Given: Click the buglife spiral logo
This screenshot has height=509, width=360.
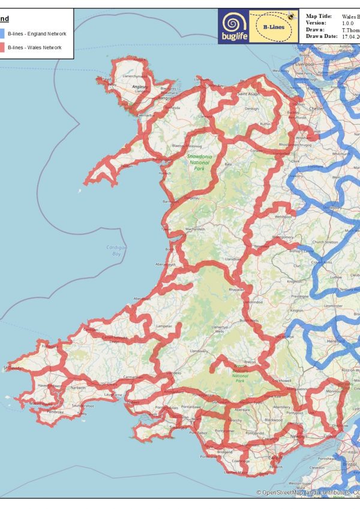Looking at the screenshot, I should pos(231,25).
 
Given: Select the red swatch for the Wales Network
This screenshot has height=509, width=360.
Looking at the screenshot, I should pos(3,48).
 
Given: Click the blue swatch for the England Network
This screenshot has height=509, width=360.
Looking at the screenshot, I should pos(3,34).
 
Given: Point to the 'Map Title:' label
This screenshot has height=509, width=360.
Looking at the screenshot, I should pos(318,17).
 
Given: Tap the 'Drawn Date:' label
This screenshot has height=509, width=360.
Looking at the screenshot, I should pos(322,36).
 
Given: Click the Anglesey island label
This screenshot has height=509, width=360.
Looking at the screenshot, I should pos(140,87).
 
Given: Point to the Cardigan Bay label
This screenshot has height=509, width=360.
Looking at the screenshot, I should pos(117,251).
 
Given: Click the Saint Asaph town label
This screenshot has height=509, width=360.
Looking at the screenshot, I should pos(248,95).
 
